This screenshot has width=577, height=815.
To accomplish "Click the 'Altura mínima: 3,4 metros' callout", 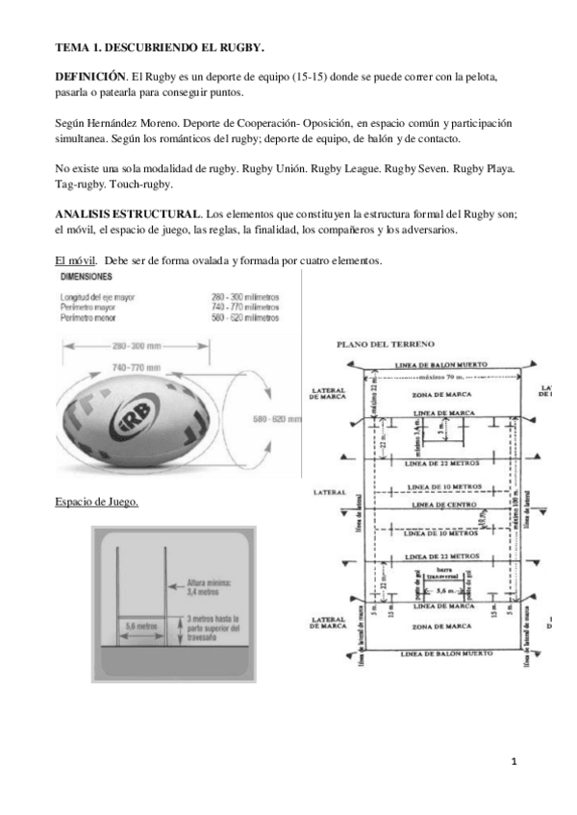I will tap(205, 586).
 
